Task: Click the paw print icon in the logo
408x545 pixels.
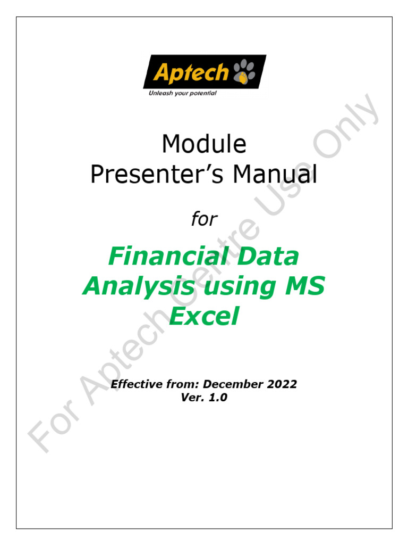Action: [x=243, y=72]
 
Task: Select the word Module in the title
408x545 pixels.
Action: [x=204, y=144]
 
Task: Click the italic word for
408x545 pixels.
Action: [x=204, y=219]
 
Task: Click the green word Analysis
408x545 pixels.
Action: [x=138, y=287]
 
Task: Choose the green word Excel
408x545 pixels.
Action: [x=204, y=318]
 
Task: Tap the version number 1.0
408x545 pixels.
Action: [x=217, y=397]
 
